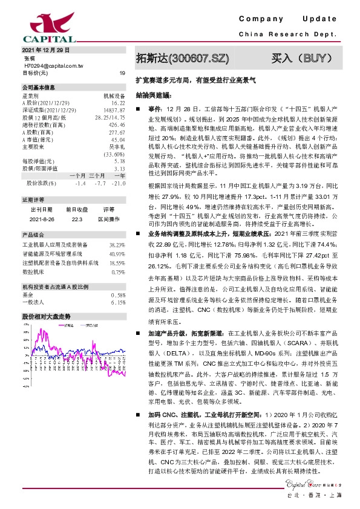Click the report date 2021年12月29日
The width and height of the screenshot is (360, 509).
[46, 51]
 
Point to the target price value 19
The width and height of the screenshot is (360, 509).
[122, 73]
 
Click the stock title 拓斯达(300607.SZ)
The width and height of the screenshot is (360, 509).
[183, 59]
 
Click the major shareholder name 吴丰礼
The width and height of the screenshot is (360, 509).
[117, 146]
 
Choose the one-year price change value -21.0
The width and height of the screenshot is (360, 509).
[119, 183]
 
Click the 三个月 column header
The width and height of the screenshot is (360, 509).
[97, 175]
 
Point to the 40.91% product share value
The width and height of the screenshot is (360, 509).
[117, 254]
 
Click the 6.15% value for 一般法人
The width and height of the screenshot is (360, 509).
[118, 302]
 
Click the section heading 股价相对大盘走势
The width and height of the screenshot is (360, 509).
[47, 317]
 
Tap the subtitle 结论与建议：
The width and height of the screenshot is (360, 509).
[154, 96]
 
